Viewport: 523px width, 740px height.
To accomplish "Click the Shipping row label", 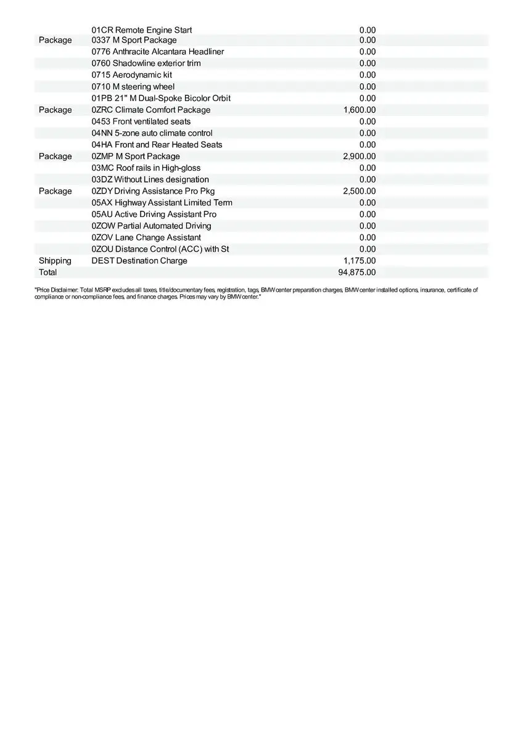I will (x=55, y=261).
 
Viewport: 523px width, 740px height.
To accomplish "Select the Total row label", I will (x=47, y=273).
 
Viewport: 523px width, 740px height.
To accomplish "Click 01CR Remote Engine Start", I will (x=141, y=30).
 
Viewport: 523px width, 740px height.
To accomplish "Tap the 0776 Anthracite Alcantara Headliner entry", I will (x=157, y=52).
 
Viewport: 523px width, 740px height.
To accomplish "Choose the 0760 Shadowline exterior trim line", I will (x=146, y=64).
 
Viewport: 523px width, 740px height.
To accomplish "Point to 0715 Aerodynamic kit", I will (x=131, y=75).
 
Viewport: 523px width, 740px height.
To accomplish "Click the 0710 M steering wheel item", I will (x=133, y=86).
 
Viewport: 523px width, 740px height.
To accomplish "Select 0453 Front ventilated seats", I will (x=141, y=121).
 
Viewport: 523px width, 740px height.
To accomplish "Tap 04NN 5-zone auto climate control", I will (x=152, y=133).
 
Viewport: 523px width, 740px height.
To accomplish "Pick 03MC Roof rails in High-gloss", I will (x=146, y=168).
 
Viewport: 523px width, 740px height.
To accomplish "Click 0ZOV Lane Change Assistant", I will (x=146, y=237).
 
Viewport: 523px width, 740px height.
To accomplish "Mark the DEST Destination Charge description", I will (x=139, y=261).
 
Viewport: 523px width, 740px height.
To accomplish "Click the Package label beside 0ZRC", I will (x=55, y=110).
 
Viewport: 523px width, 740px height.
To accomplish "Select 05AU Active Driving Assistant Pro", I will (x=154, y=214).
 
